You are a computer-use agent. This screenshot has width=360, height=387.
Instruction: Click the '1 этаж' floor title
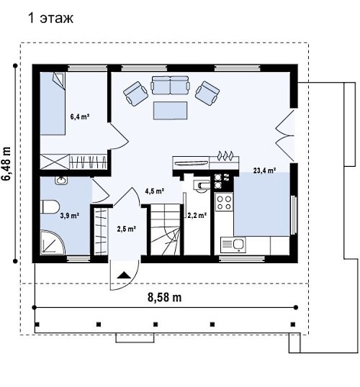[51, 18]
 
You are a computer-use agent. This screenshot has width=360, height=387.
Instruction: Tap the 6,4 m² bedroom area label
[80, 117]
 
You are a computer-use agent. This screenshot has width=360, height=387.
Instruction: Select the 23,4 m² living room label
[264, 170]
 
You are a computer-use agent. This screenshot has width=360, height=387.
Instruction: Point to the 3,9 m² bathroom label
[70, 216]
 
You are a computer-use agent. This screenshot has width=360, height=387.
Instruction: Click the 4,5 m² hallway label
[155, 191]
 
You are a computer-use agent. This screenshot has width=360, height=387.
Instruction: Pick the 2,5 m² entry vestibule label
[127, 229]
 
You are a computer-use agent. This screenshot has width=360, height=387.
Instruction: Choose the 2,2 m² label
[197, 216]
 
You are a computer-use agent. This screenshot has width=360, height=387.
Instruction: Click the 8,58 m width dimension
[165, 297]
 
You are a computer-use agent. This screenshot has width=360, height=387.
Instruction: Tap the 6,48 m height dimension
[6, 163]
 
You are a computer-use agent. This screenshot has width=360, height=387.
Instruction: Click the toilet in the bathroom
[50, 207]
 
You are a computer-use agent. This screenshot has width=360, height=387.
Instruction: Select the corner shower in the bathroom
[52, 242]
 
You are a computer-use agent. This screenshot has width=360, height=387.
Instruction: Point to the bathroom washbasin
[60, 181]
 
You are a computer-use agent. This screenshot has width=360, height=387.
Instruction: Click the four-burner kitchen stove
[224, 202]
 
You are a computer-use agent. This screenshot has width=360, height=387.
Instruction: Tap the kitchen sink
[233, 245]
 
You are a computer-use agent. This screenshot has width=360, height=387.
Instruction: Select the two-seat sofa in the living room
[170, 86]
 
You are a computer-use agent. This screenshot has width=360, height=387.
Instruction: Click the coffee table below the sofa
[170, 111]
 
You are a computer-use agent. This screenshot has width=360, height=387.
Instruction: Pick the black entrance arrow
[124, 275]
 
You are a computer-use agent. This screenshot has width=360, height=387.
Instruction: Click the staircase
[165, 229]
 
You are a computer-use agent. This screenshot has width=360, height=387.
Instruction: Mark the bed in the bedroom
[53, 104]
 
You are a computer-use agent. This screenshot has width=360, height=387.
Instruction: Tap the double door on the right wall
[284, 135]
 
